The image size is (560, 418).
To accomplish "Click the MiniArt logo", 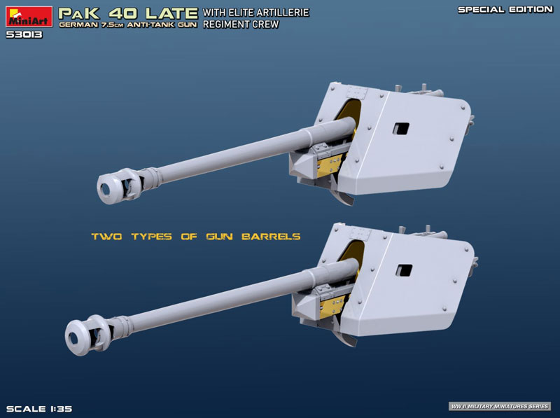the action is click(29, 17).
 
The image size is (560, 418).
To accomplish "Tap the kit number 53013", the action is click(24, 34).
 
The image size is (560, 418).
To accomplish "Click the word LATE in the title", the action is click(171, 13).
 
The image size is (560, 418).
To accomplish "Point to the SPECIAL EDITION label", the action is click(505, 10).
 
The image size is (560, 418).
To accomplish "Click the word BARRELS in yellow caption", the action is click(271, 237).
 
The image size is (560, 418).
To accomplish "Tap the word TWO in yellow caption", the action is click(107, 237).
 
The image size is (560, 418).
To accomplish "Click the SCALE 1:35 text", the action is click(39, 409).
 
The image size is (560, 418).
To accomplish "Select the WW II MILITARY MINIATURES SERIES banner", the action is click(500, 406).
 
